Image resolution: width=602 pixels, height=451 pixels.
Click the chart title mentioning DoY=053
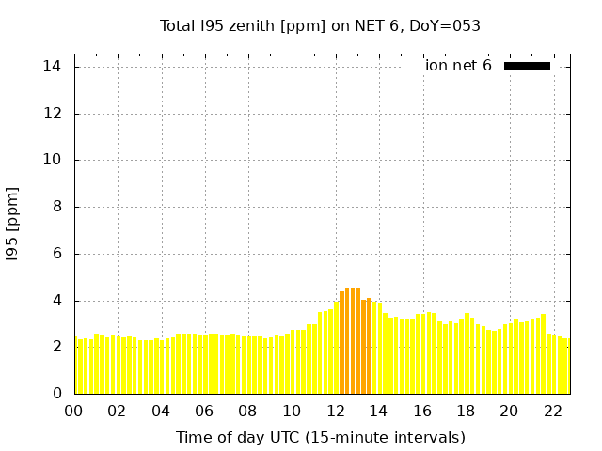(x=320, y=26)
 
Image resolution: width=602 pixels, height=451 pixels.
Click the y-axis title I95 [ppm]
(x=13, y=224)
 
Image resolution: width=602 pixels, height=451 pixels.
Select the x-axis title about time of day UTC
(x=320, y=437)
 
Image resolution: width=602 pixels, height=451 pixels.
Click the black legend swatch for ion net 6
(x=527, y=66)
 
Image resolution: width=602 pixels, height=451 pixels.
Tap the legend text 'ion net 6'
(x=458, y=66)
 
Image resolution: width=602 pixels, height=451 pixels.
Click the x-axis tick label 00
(x=74, y=411)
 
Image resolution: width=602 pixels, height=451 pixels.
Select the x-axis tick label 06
(x=205, y=411)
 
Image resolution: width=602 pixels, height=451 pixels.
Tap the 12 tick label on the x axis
(x=336, y=411)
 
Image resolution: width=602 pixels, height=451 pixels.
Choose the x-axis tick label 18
(x=467, y=411)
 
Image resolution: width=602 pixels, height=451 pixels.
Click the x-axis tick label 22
(x=553, y=411)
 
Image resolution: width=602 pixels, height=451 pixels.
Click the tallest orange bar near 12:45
(x=353, y=340)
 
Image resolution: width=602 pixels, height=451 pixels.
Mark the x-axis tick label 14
(x=379, y=411)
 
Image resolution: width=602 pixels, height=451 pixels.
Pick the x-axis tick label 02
(x=118, y=411)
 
